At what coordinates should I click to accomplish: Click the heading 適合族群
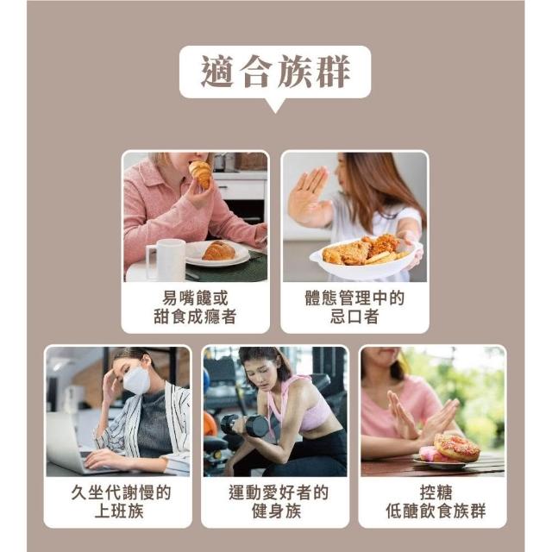tap(275, 72)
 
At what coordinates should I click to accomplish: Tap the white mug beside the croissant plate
tap(166, 259)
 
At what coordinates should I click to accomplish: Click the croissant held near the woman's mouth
tap(201, 174)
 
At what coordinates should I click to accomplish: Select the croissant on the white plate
tap(218, 250)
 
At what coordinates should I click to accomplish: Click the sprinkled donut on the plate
tap(456, 448)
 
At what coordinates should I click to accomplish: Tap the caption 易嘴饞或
tap(195, 298)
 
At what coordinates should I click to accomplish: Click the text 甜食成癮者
tap(195, 317)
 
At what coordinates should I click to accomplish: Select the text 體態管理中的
tap(354, 298)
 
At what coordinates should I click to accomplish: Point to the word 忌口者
tap(354, 317)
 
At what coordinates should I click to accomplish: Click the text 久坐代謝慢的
tap(121, 492)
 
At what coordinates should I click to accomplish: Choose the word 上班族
tap(119, 511)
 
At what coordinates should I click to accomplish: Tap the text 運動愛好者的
tap(278, 492)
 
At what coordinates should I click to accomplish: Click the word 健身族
tap(276, 511)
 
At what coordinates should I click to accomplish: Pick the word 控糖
tap(436, 492)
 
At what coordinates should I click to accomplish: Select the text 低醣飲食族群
tap(436, 511)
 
